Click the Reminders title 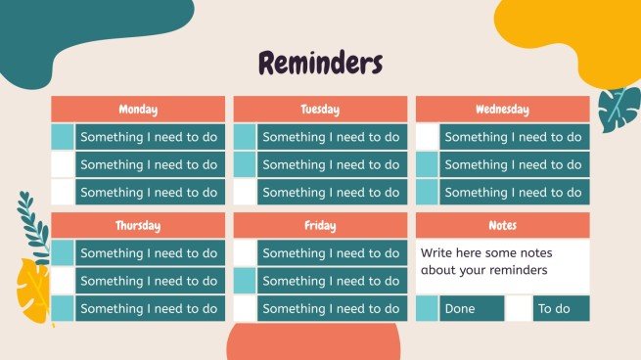tap(319, 64)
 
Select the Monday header tap(138, 110)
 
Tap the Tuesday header tap(320, 110)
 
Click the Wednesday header tap(502, 110)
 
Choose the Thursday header tap(138, 226)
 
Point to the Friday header tap(320, 226)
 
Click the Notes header tap(502, 226)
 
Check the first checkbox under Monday tap(62, 137)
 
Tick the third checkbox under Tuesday tap(245, 192)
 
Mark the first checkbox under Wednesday tap(427, 137)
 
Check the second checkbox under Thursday tap(62, 281)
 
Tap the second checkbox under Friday tap(245, 281)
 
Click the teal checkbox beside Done tap(427, 309)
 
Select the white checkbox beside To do tap(519, 309)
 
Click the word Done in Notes tap(459, 309)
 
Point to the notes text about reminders tap(483, 261)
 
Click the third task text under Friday tap(331, 309)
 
